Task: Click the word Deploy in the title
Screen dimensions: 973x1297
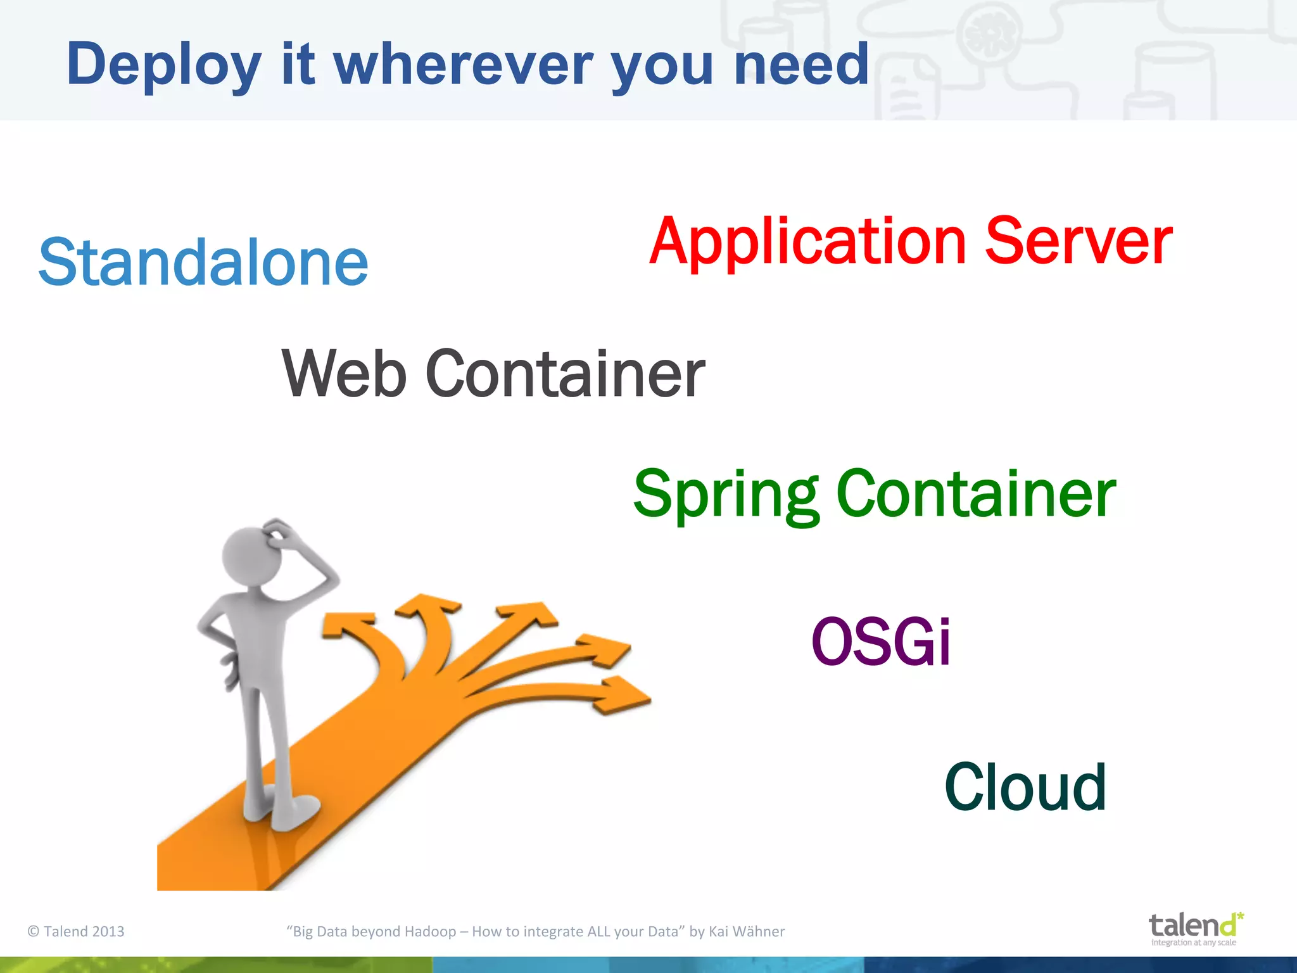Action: [163, 65]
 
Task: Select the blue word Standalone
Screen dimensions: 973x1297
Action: [203, 263]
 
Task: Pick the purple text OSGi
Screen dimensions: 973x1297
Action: [880, 642]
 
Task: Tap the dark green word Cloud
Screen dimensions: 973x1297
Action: [1025, 787]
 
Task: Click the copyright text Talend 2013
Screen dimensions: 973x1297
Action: [77, 931]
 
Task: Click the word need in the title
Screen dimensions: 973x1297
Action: [800, 65]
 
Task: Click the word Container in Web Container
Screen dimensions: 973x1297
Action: [565, 375]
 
